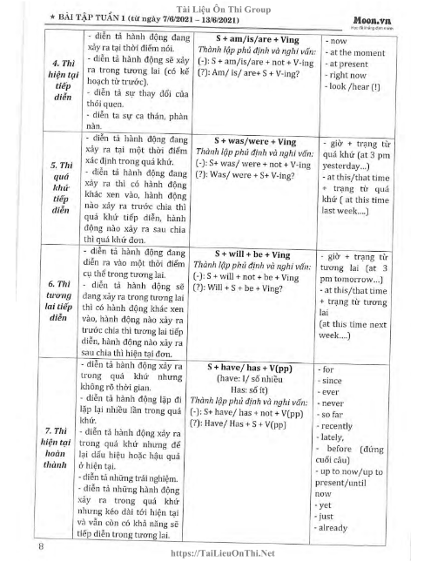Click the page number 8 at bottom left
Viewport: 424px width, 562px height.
[41, 545]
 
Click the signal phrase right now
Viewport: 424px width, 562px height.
[346, 77]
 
